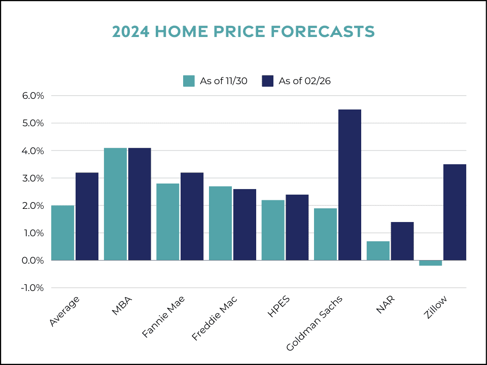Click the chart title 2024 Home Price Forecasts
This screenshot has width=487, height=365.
click(x=243, y=32)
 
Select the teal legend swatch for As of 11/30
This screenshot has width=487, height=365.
click(x=189, y=81)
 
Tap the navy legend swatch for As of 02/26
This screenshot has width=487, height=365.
click(x=268, y=81)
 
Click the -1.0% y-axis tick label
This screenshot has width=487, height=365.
click(x=32, y=288)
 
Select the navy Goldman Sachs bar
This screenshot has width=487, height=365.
click(x=350, y=185)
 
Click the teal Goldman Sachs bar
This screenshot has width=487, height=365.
click(x=325, y=234)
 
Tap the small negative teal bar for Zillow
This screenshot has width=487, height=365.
click(x=430, y=263)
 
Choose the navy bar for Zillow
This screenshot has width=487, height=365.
click(x=455, y=212)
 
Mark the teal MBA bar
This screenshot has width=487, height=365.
click(x=115, y=204)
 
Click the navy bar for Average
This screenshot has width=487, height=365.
click(x=87, y=216)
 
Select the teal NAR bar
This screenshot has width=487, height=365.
click(x=378, y=251)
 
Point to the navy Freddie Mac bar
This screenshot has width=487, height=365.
click(x=245, y=225)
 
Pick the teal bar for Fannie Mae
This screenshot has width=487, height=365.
click(x=167, y=222)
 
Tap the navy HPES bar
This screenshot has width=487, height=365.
click(x=297, y=228)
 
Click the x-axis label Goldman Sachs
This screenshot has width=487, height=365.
click(x=315, y=323)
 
